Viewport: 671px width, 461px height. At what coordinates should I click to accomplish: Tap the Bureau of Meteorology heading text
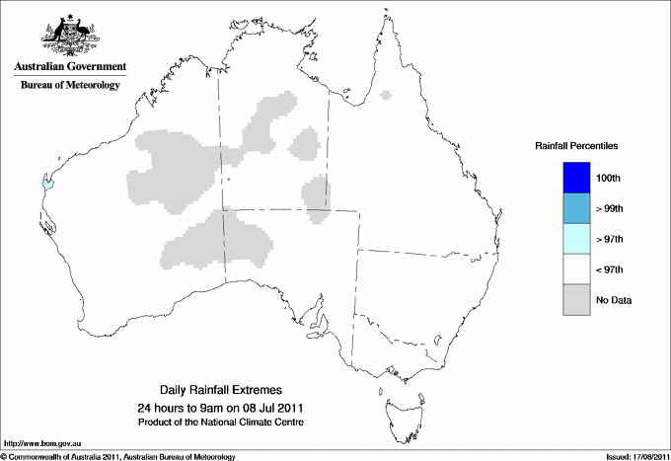tap(70, 86)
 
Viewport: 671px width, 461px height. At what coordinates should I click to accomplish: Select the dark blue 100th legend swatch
tap(576, 178)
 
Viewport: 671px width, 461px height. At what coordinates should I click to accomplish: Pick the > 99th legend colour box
tap(576, 208)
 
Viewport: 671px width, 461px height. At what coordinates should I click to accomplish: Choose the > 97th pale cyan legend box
tap(576, 239)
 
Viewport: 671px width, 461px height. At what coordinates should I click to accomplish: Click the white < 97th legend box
tap(576, 269)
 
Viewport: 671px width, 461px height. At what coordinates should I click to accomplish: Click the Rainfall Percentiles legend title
tap(576, 145)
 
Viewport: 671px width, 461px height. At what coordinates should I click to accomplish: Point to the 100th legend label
tap(610, 178)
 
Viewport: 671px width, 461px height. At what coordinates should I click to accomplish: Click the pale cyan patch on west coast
tap(45, 183)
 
